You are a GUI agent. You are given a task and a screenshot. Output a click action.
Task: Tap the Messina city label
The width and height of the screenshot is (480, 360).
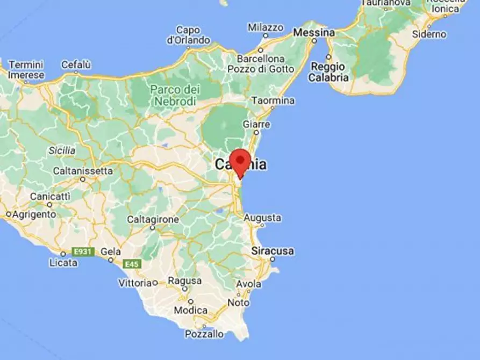click(x=313, y=33)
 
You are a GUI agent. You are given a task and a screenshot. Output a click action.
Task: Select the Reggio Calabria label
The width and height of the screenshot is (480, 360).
click(x=328, y=72)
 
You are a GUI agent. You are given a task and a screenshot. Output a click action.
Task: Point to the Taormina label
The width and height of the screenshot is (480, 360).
click(x=273, y=100)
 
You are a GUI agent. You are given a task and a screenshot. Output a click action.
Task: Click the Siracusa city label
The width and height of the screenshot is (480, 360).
click(x=273, y=251)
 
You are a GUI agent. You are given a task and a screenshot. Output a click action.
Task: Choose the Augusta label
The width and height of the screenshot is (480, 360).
click(x=262, y=218)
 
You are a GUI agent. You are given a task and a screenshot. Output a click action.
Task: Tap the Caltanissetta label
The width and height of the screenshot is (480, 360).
click(x=83, y=171)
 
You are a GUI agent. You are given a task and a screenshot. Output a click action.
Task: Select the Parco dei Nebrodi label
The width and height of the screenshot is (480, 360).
click(x=175, y=95)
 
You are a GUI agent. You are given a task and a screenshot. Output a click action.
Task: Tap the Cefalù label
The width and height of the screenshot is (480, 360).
click(x=76, y=64)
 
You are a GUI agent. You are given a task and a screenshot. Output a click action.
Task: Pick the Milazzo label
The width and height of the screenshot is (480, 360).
click(x=266, y=27)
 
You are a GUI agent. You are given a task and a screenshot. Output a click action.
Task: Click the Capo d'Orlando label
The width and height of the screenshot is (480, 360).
click(x=188, y=35)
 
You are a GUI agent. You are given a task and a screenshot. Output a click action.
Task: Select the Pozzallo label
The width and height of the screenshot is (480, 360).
click(x=204, y=334)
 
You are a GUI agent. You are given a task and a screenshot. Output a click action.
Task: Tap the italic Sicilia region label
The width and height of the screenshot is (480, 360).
click(x=62, y=150)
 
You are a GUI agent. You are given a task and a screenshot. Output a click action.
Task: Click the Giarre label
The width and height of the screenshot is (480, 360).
click(x=256, y=124)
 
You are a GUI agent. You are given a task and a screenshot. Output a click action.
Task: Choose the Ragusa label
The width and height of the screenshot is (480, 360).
click(x=185, y=281)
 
